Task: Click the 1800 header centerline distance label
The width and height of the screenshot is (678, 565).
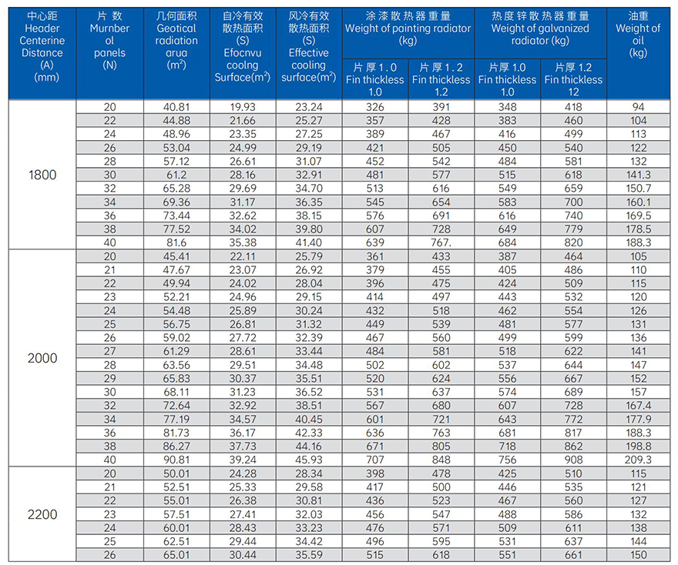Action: (x=42, y=175)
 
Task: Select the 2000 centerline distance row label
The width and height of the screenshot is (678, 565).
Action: (x=42, y=358)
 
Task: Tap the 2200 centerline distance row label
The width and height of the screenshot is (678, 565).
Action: (x=42, y=514)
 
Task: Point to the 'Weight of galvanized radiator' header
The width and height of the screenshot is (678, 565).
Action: (x=540, y=29)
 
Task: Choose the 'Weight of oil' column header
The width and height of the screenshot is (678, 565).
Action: (x=638, y=35)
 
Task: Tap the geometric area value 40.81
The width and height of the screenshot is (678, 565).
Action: (x=176, y=108)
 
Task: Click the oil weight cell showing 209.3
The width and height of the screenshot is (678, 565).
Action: (x=638, y=460)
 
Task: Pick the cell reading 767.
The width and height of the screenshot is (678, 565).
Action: (x=441, y=242)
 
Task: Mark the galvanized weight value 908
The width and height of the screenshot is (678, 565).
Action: (x=574, y=460)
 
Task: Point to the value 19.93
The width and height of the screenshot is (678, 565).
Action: (x=242, y=108)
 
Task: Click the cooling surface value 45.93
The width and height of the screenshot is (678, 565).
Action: (x=309, y=460)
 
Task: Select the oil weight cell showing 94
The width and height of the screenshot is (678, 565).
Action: (x=638, y=108)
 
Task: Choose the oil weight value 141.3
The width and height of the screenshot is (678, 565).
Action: (x=638, y=175)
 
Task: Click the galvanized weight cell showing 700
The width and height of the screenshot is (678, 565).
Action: (x=574, y=202)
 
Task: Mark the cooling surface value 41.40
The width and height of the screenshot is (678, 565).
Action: (x=309, y=242)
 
